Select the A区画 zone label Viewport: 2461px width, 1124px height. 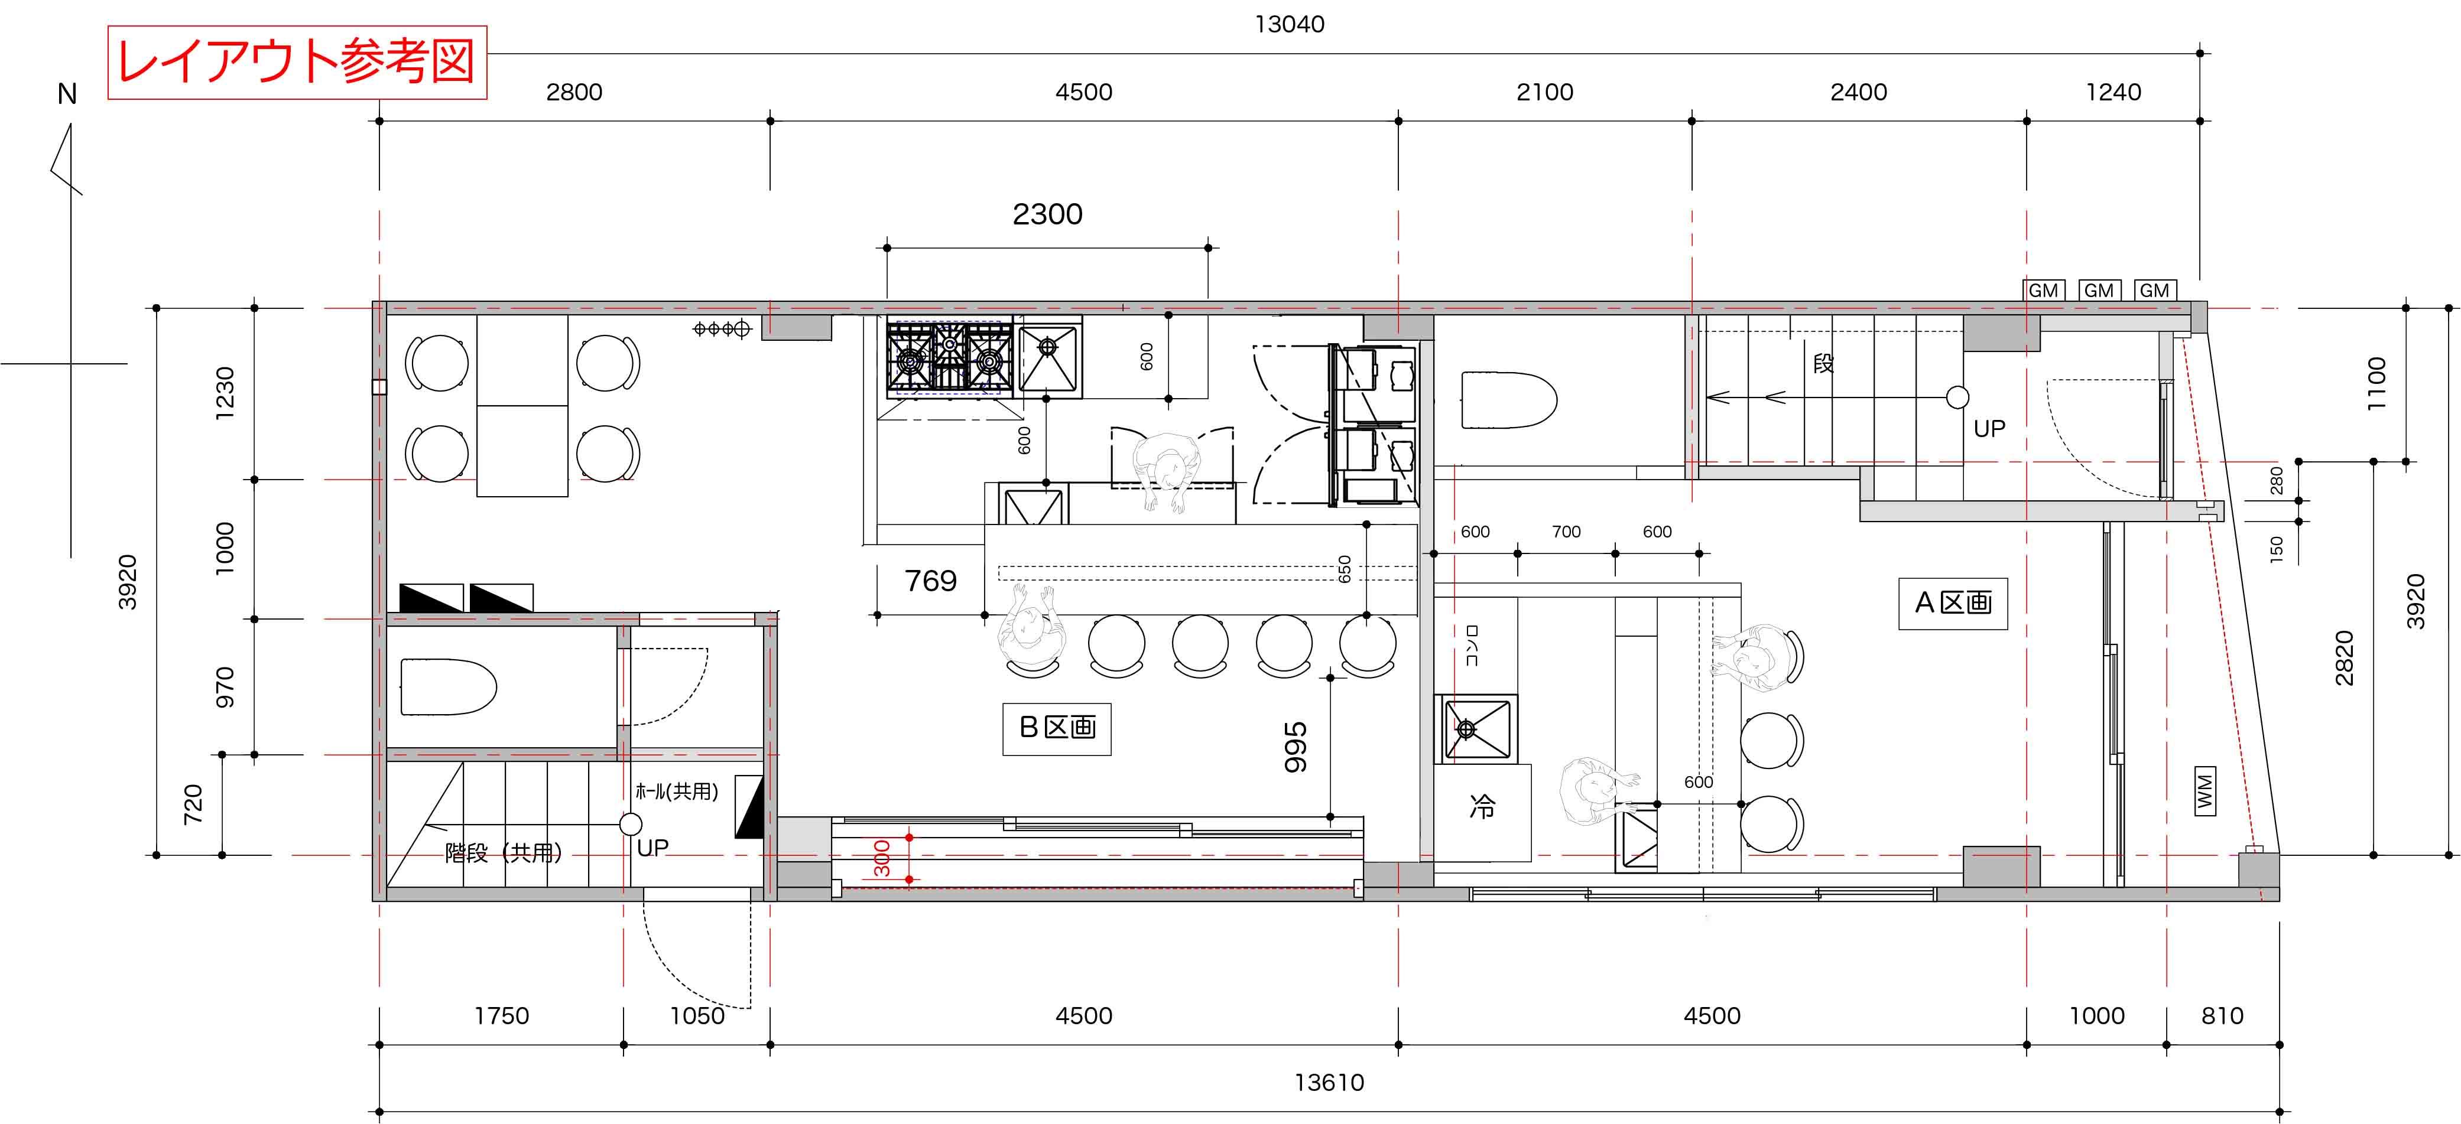[1953, 602]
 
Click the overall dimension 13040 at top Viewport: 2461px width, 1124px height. [1289, 24]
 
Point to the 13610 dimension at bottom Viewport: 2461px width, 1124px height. [1329, 1082]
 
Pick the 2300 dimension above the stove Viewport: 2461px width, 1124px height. [1047, 214]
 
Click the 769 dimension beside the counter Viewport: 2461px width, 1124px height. [930, 581]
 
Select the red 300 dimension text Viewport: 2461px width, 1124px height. [882, 859]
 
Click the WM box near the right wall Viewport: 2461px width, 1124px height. [2205, 791]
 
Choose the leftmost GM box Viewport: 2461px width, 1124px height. [2044, 291]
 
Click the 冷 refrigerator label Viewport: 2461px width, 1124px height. [1482, 808]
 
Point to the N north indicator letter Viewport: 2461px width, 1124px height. [67, 93]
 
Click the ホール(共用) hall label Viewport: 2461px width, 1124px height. [676, 791]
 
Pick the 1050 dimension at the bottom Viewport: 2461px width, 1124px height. [697, 1016]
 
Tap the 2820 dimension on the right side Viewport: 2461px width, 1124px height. [2343, 658]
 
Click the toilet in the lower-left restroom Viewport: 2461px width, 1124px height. [448, 686]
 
